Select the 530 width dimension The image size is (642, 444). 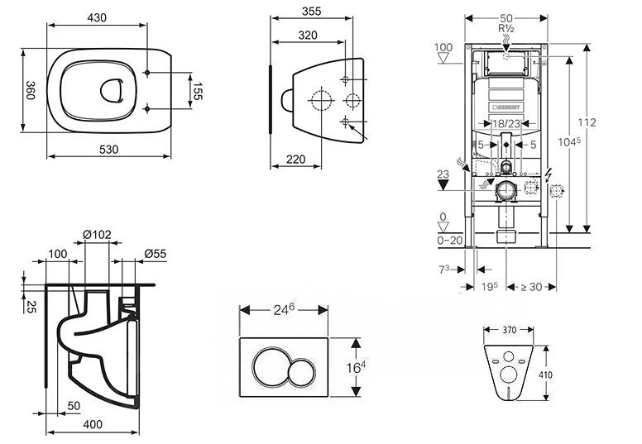coord(109,150)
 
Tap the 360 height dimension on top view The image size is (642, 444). coord(28,90)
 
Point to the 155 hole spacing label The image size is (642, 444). coord(198,91)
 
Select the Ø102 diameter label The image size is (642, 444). coord(97,235)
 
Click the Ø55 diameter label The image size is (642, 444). coord(155,253)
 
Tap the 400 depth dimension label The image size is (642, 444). coord(93,424)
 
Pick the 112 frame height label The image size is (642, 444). coord(587,122)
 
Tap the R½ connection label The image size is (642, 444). coord(506,28)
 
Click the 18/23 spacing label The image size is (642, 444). coord(505,124)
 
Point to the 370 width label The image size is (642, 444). coord(509,330)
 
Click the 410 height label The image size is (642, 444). coord(546,373)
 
